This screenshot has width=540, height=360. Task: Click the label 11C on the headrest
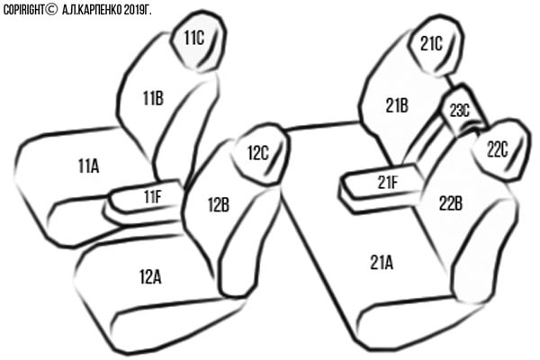click(x=193, y=38)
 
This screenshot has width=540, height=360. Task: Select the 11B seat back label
click(x=153, y=98)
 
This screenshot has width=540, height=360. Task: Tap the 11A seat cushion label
click(x=88, y=166)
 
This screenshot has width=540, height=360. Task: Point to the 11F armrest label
click(x=153, y=197)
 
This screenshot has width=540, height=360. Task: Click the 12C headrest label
click(x=258, y=153)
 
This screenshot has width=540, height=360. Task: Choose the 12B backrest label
click(x=219, y=204)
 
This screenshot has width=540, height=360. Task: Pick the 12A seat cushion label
click(x=150, y=276)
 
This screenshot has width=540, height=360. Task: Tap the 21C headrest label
click(x=431, y=44)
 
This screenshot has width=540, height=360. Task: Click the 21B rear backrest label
click(x=397, y=105)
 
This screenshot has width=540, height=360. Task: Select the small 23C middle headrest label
click(x=459, y=111)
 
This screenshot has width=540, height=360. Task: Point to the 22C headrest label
click(x=498, y=150)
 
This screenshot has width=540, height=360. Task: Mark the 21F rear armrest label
click(x=387, y=182)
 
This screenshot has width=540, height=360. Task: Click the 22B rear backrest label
click(x=451, y=203)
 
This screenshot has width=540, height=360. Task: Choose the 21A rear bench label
click(x=382, y=263)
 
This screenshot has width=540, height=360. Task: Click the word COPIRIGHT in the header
click(x=23, y=10)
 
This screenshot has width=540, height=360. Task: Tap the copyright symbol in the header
click(x=51, y=10)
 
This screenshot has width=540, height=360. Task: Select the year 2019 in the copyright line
click(x=130, y=10)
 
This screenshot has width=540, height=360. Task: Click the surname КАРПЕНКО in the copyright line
click(x=100, y=10)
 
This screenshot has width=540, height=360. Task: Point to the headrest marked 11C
click(x=199, y=41)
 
